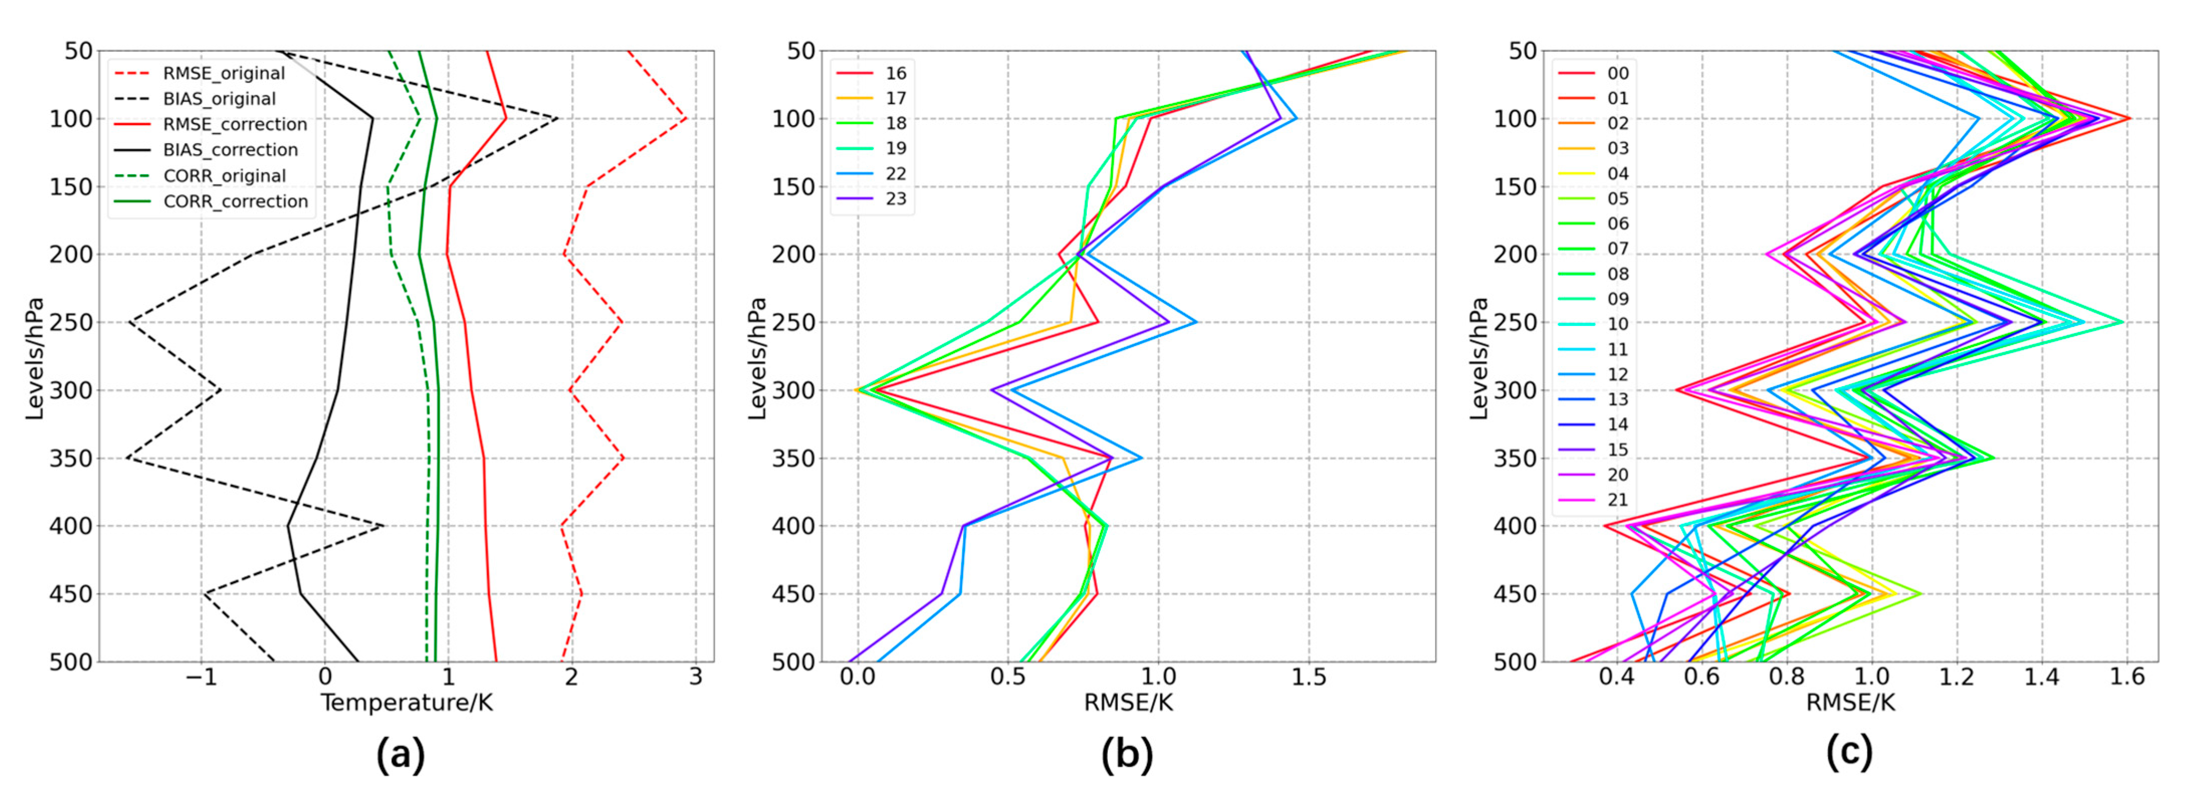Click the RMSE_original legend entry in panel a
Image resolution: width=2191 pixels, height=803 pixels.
point(223,73)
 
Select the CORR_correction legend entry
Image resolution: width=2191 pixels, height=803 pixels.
point(235,201)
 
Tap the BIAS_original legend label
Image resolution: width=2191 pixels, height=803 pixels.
point(219,98)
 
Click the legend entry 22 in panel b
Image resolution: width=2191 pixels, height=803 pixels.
point(895,174)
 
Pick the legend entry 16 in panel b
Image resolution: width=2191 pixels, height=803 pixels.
point(895,73)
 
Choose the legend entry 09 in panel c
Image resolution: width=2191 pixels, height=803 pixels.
point(1617,299)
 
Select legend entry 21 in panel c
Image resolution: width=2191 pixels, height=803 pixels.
point(1617,500)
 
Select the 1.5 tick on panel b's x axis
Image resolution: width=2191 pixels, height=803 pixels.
point(1308,678)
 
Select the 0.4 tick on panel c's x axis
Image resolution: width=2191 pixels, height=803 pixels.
point(1616,678)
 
